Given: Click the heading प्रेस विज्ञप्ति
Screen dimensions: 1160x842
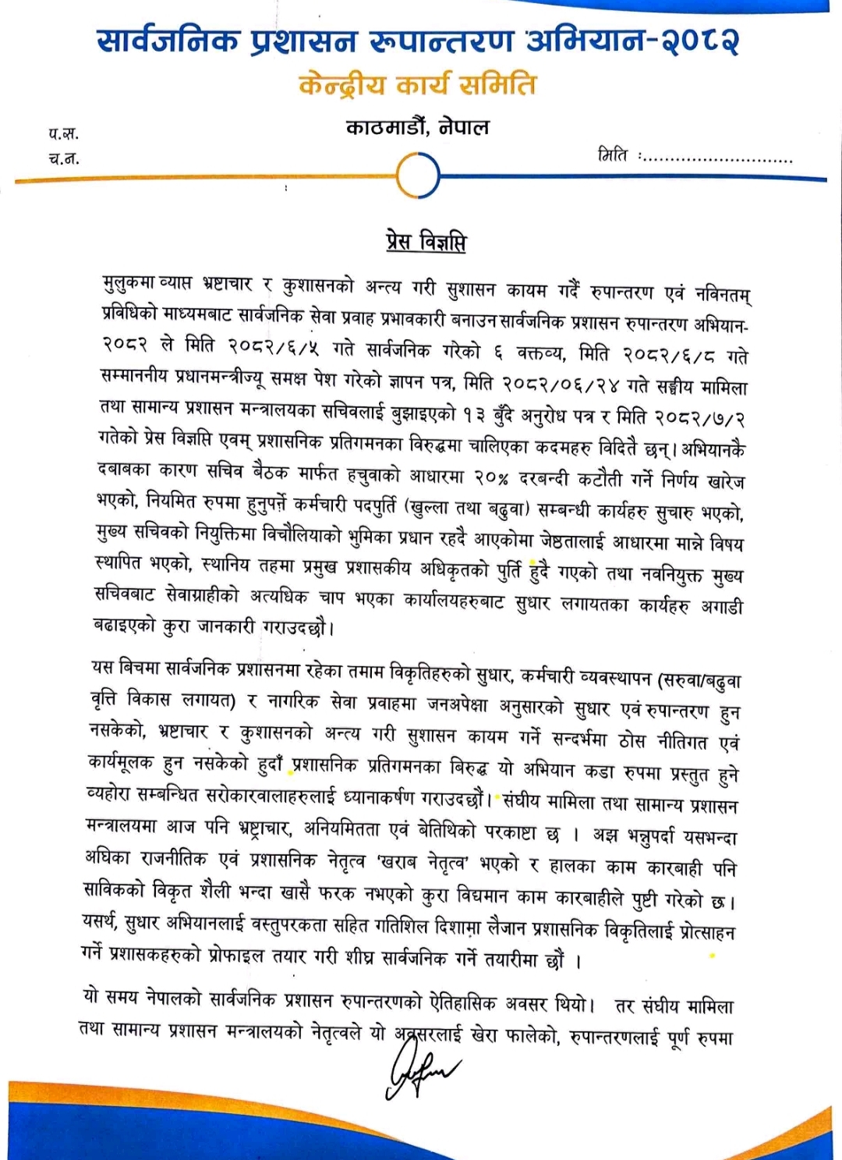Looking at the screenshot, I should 426,242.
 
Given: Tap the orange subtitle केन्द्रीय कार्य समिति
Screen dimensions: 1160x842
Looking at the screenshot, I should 418,85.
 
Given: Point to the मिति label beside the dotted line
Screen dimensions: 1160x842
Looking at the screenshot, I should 613,155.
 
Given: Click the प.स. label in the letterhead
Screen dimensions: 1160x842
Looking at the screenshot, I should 64,133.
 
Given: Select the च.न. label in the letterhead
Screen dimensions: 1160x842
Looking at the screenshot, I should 64,158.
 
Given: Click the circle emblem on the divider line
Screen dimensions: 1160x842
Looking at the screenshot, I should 418,177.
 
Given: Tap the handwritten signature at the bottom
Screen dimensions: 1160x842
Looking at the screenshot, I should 423,1069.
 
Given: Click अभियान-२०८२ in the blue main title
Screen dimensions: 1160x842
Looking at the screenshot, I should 631,41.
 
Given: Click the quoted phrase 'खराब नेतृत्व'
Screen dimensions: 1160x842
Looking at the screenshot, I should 422,863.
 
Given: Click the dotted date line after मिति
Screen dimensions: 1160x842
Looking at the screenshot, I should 717,159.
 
